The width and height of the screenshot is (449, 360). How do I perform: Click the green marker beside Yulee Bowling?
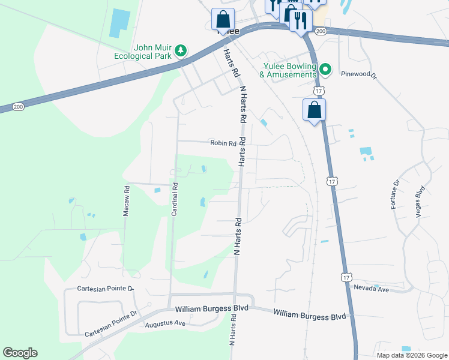pyautogui.click(x=325, y=70)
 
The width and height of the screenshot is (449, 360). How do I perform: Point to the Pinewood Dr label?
pyautogui.click(x=358, y=76)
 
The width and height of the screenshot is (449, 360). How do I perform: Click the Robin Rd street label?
pyautogui.click(x=223, y=143)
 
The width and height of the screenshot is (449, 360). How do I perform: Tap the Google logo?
pyautogui.click(x=20, y=353)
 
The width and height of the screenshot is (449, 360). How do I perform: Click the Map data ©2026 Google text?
pyautogui.click(x=411, y=355)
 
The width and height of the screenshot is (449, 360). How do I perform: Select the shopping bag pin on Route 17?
pyautogui.click(x=314, y=110)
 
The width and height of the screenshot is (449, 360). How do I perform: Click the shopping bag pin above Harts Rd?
pyautogui.click(x=223, y=20)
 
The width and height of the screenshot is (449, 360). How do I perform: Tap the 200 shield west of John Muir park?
pyautogui.click(x=18, y=106)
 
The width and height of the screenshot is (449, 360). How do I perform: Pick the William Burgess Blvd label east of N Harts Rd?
pyautogui.click(x=310, y=315)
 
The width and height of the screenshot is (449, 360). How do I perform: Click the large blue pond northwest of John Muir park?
pyautogui.click(x=119, y=23)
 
